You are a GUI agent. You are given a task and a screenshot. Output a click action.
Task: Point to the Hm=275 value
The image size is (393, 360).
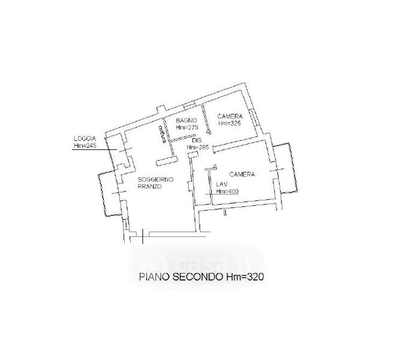point(187,127)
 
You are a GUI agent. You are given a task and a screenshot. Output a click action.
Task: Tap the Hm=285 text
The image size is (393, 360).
point(197,148)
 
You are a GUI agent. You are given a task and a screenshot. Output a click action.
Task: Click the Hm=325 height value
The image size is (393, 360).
point(230,123)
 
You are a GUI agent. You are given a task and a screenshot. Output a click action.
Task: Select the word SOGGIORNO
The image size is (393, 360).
point(155,179)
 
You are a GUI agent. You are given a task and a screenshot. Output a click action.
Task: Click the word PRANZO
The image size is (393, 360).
point(149,187)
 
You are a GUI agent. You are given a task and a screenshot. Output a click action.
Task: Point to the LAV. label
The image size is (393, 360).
point(222,185)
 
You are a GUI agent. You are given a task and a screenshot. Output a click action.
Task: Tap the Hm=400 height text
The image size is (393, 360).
point(227,191)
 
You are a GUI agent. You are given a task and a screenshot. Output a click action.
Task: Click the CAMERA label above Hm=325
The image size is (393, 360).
point(230,116)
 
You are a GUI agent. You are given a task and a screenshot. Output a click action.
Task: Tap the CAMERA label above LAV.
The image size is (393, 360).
point(242,174)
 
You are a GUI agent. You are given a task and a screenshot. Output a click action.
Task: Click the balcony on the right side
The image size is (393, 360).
point(286,170)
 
